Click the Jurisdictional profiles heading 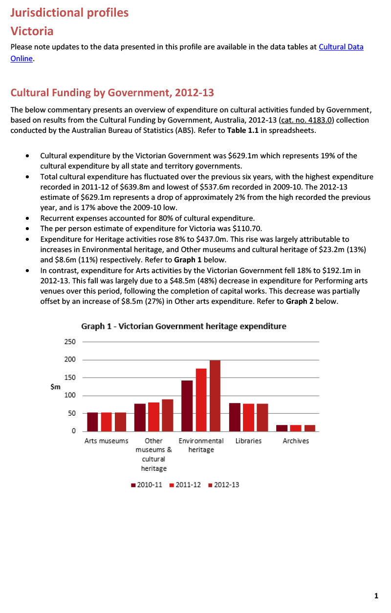tap(69, 13)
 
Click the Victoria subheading tap(32, 31)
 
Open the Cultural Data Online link tap(341, 47)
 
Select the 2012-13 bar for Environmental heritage tap(215, 396)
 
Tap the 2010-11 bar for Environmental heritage tap(187, 406)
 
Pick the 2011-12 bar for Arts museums tap(107, 422)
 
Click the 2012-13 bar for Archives tap(310, 428)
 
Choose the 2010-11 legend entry tap(147, 485)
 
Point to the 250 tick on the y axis tap(70, 342)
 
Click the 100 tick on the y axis tap(70, 396)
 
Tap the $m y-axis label tap(55, 386)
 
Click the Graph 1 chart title tap(183, 326)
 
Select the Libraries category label tap(248, 441)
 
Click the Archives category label tap(296, 441)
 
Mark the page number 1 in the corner tap(376, 595)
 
